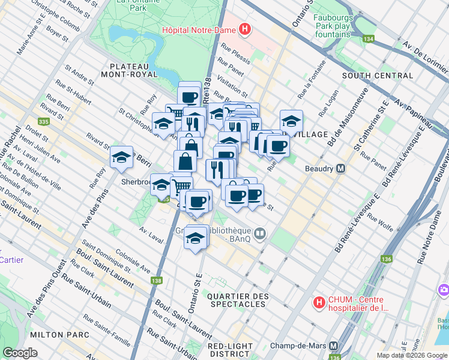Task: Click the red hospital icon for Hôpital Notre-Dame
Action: pos(244,29)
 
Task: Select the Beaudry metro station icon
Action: pos(340,169)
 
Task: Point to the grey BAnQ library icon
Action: pos(259,233)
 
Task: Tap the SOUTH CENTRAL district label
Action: pos(378,76)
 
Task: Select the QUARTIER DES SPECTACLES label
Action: pos(237,300)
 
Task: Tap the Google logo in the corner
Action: pos(20,353)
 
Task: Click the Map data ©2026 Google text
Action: pos(411,355)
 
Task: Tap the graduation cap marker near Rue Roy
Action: pos(122,157)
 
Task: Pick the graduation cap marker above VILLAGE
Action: pos(291,121)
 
